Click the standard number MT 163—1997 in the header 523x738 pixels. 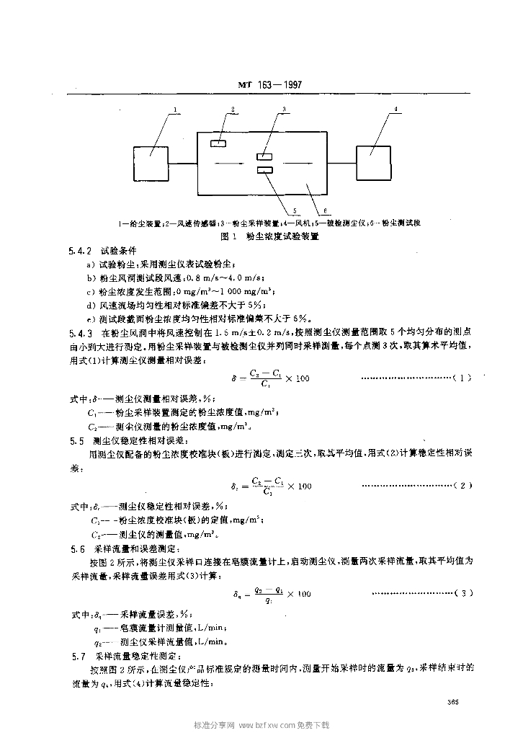[269, 85]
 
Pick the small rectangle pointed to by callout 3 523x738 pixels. [264, 156]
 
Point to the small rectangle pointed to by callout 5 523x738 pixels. [264, 170]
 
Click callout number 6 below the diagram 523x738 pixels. [325, 211]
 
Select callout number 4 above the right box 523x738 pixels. [395, 110]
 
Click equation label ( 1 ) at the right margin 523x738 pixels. [462, 377]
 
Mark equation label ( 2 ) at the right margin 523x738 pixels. [462, 485]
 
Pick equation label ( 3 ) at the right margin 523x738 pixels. [462, 593]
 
